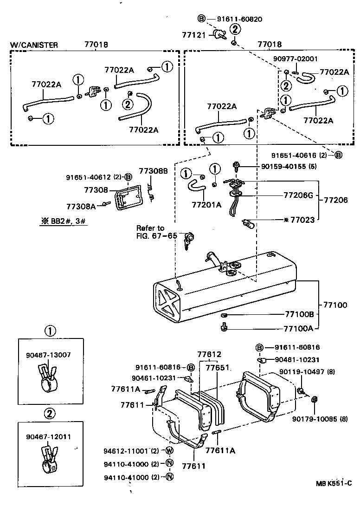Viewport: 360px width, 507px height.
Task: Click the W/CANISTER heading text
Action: pos(34,45)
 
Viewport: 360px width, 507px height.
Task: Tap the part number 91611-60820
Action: pos(239,19)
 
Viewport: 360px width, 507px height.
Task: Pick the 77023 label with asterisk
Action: pos(297,220)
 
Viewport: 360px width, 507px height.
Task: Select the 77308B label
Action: pos(153,171)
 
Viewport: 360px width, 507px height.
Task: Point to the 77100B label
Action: pos(298,314)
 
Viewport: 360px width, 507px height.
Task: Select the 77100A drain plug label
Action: pos(298,328)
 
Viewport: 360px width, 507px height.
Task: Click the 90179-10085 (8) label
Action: pos(320,419)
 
